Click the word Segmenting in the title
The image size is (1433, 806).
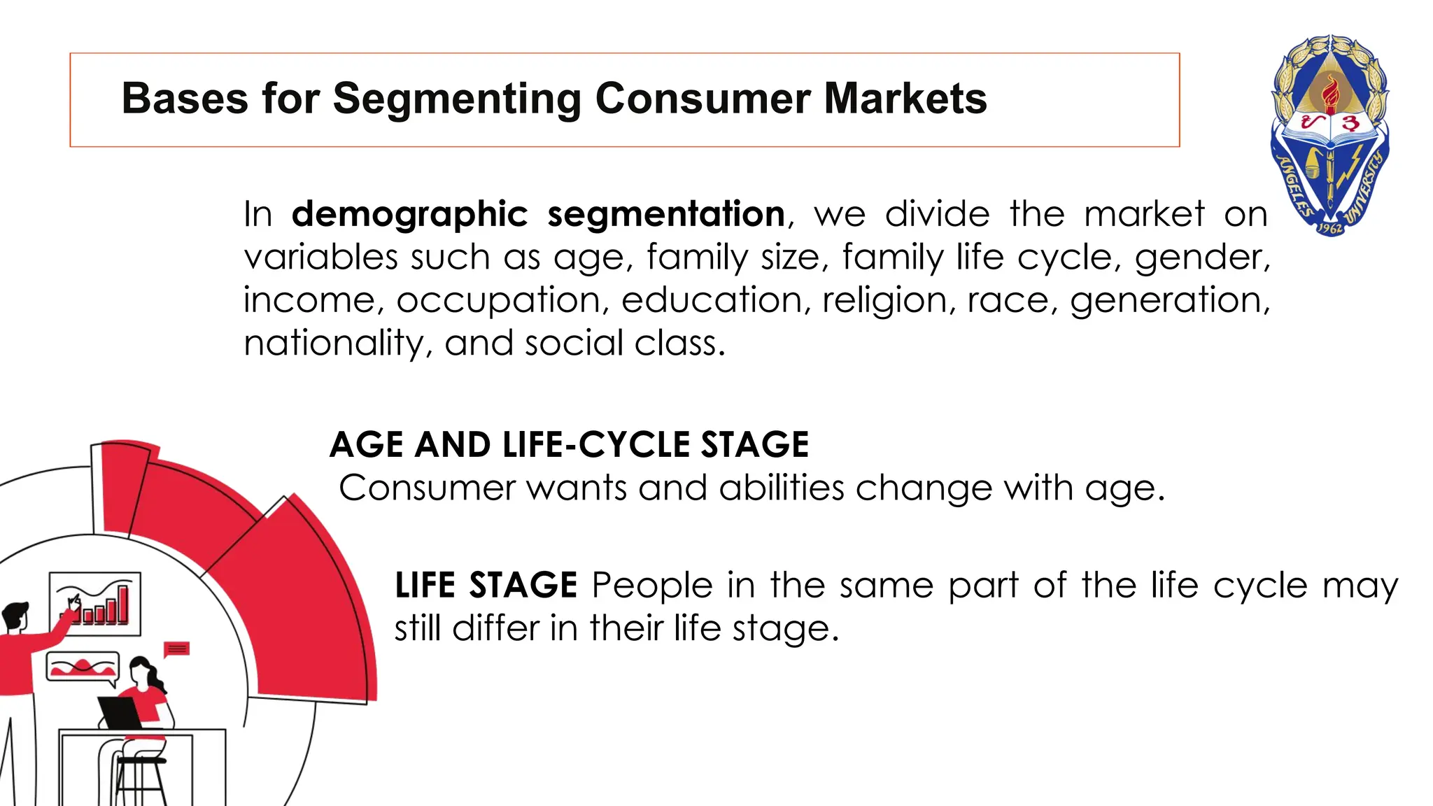point(457,99)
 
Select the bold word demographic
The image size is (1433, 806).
point(409,214)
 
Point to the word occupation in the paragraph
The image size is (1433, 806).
point(499,300)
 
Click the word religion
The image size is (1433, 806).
point(886,300)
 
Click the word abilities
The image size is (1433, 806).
point(782,488)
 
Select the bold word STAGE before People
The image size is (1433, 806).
point(523,585)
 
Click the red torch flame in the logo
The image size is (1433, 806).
point(1330,94)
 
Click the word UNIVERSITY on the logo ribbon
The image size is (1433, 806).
point(1365,189)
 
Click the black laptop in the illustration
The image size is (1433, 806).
point(120,712)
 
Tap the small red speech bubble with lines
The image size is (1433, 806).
point(177,649)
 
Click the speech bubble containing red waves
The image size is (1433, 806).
point(83,666)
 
